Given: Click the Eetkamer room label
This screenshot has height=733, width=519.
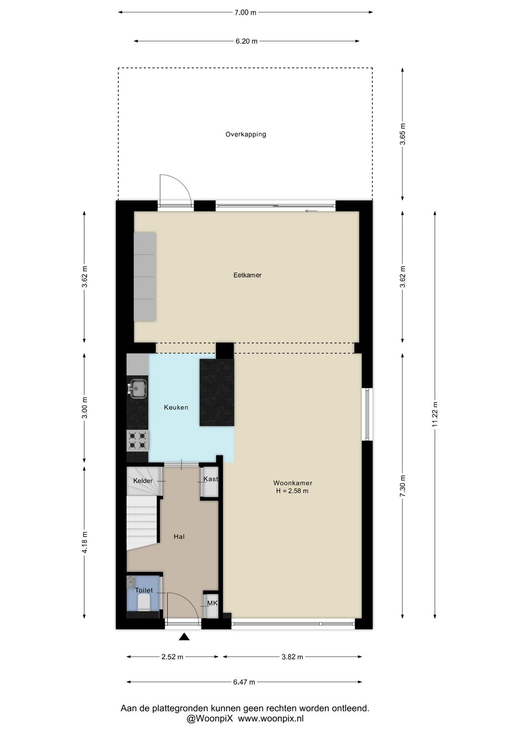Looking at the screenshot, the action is tap(247, 275).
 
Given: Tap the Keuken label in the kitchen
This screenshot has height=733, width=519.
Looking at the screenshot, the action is tap(176, 407).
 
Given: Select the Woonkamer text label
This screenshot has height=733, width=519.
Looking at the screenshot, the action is tap(292, 483).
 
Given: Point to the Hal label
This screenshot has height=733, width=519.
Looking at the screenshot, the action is tap(179, 537).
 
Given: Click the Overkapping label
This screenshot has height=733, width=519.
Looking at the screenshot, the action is tap(246, 134).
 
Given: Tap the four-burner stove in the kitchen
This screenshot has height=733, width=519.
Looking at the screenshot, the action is tap(137, 440).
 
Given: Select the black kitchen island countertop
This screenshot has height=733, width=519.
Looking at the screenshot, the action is tap(217, 392).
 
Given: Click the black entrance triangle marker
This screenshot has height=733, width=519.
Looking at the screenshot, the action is tap(185, 636).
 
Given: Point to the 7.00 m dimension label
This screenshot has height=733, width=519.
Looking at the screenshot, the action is tap(245, 12).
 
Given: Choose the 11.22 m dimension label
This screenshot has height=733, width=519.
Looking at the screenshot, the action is tap(435, 414).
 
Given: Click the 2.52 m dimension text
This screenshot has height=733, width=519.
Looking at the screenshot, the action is tap(172, 657).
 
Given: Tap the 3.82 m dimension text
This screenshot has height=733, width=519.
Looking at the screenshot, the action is tap(292, 657).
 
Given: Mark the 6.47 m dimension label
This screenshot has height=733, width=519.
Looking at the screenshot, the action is tap(244, 682).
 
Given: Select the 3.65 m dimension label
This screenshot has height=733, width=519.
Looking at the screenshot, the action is tap(402, 134).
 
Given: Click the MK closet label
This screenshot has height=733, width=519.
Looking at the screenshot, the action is tap(212, 603).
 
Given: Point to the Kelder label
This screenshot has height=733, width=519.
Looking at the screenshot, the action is tap(143, 481).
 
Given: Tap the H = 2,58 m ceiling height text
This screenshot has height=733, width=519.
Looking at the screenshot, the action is tap(292, 491).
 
